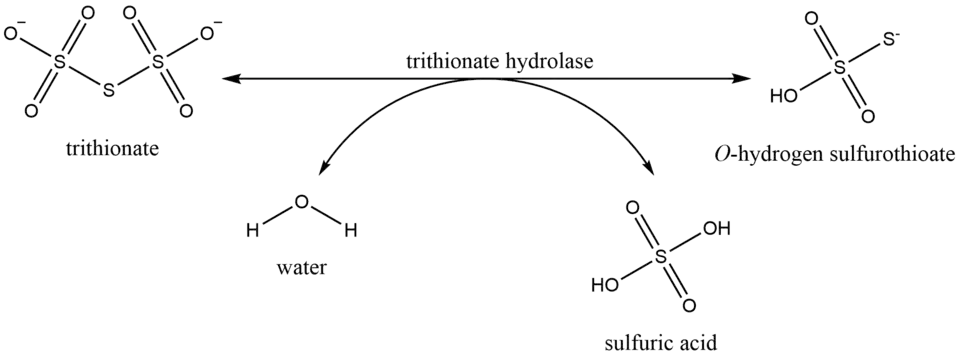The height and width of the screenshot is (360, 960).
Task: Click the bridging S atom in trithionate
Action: tap(108, 90)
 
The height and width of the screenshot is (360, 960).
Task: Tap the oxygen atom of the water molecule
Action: tap(301, 202)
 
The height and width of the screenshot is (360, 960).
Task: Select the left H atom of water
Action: tap(251, 231)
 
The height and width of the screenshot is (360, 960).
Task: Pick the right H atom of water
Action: tap(350, 231)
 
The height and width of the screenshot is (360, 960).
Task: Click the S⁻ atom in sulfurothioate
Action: tap(890, 39)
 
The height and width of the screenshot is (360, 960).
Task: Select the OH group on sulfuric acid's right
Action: tap(716, 228)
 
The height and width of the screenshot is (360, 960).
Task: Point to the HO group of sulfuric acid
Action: tap(604, 285)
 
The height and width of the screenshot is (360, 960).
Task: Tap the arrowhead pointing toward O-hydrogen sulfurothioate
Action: tap(741, 78)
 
